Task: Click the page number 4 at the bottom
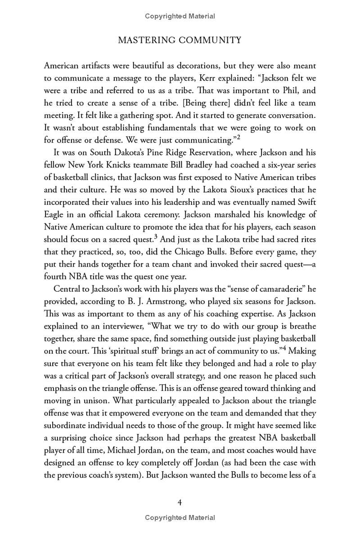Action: pos(180,503)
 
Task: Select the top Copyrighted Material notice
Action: pos(180,16)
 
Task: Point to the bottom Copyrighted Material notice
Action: pos(180,518)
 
